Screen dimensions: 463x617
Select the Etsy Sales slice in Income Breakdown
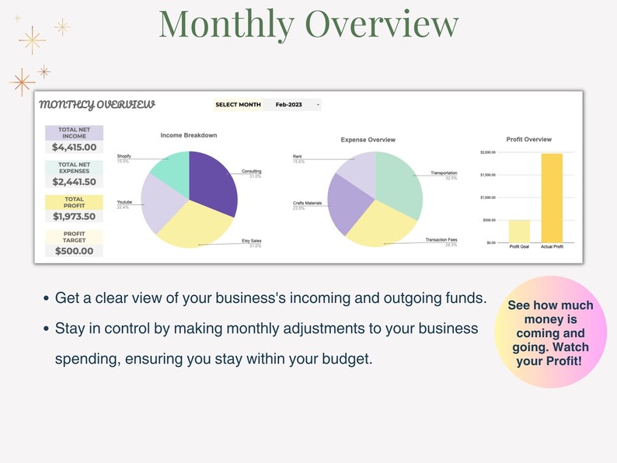point(194,225)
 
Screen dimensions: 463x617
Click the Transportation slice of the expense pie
point(399,183)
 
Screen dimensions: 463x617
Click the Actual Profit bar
point(552,197)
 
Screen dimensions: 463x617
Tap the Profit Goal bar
point(519,231)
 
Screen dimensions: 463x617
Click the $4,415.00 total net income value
point(75,148)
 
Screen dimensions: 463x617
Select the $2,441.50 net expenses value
point(75,182)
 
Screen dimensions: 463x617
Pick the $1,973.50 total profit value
point(75,217)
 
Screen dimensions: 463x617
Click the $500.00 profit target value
point(75,251)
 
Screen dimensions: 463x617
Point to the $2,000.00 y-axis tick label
point(488,152)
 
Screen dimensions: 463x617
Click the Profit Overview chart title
point(528,140)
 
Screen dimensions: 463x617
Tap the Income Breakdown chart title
point(189,135)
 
